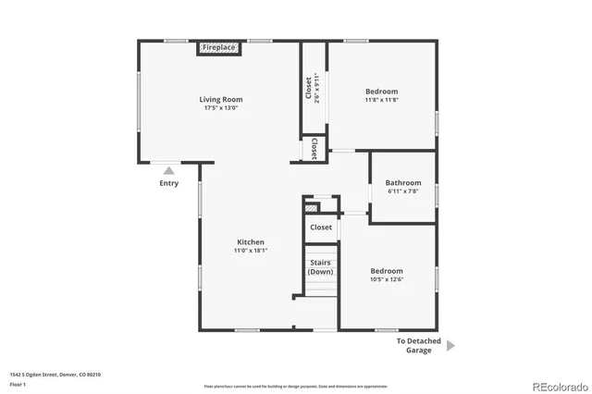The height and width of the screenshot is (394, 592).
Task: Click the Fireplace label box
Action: pos(219,47)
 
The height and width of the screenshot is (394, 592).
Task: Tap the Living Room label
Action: pos(221,99)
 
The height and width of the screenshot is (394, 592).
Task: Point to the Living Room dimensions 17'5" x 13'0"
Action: pos(221,108)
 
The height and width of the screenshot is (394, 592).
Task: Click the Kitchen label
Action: pos(250,242)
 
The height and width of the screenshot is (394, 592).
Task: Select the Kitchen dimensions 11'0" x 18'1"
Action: pos(250,251)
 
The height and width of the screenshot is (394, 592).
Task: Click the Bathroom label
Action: pos(403,183)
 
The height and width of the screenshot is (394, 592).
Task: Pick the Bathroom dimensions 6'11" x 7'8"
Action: pos(403,192)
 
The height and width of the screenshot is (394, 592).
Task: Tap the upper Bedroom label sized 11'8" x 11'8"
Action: pos(381,92)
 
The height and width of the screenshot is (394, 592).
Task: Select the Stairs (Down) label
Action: pos(321,267)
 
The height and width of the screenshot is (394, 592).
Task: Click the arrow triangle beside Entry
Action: pos(168,170)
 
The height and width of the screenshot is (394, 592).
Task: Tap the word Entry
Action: pos(168,183)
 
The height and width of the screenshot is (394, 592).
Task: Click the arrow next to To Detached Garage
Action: pos(450,346)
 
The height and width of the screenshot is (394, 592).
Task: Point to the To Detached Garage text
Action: pos(419,346)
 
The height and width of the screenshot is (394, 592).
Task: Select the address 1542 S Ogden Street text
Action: pos(55,375)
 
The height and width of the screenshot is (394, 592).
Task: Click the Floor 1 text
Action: pos(18,383)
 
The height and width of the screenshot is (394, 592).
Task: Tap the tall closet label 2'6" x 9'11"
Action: pos(313,88)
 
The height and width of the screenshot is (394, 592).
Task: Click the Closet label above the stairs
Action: pos(321,227)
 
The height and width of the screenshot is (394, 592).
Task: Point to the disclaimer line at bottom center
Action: pos(296,386)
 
